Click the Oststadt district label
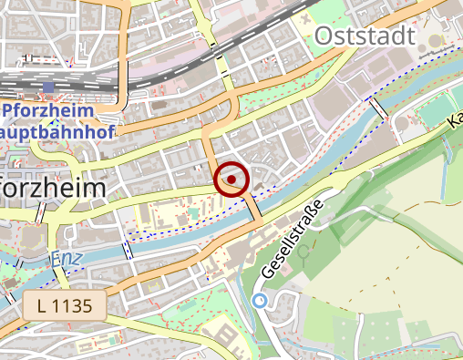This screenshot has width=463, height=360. [x=365, y=36]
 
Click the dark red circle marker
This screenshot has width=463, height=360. [x=232, y=180]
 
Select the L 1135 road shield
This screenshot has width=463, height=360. [x=67, y=305]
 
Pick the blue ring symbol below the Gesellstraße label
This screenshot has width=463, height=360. [x=260, y=300]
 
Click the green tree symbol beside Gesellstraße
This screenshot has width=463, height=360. [x=303, y=249]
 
